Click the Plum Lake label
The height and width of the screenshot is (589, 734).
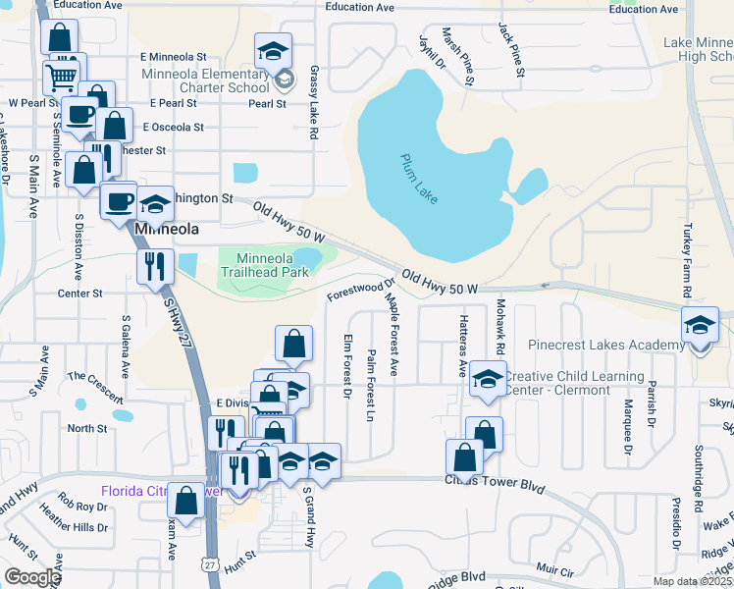tap(419, 179)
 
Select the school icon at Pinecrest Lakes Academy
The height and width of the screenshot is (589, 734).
tap(699, 325)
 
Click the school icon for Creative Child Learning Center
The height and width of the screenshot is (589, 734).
tap(487, 382)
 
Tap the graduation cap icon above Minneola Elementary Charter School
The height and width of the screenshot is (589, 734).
tap(274, 50)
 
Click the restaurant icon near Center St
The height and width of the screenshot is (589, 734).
tap(155, 265)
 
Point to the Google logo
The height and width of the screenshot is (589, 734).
tap(32, 577)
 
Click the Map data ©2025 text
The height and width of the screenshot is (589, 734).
tap(692, 581)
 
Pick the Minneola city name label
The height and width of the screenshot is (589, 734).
tap(166, 229)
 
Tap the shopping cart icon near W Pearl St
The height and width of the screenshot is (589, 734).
tap(62, 75)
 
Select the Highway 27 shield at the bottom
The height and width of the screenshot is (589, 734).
tap(211, 564)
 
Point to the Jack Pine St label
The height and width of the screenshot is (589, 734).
tap(511, 49)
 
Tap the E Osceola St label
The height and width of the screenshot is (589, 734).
tap(173, 127)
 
